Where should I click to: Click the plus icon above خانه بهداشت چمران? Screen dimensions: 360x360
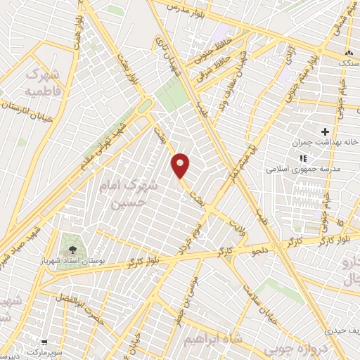click(324, 131)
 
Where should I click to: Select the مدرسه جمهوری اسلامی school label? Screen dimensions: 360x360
click(303, 169)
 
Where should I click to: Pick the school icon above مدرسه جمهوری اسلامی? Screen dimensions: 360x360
click(303, 159)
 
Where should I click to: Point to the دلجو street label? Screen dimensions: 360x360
click(261, 248)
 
